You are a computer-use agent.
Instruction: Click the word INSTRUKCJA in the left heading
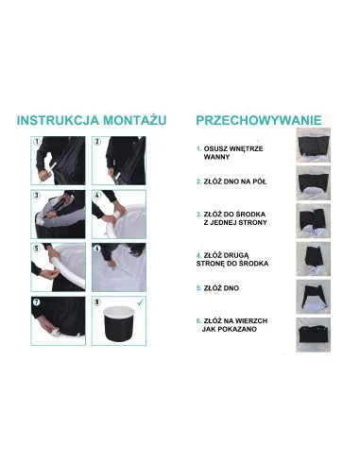click(56, 120)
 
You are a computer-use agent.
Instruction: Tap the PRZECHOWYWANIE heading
click(258, 120)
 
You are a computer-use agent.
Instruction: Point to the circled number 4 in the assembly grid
click(97, 198)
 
